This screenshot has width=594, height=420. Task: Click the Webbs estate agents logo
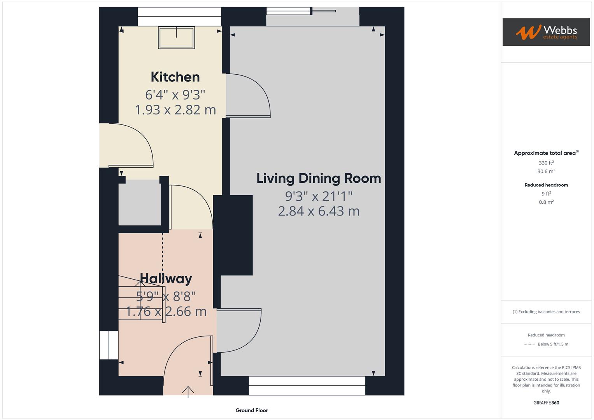click(x=546, y=32)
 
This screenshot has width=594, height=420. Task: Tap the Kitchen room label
click(x=175, y=77)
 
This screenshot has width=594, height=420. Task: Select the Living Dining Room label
click(x=319, y=178)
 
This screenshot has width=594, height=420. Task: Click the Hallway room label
click(x=166, y=278)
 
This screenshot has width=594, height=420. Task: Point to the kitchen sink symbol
click(x=176, y=37)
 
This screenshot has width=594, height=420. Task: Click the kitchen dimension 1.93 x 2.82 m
click(x=175, y=110)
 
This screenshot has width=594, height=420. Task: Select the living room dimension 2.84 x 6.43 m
click(x=319, y=211)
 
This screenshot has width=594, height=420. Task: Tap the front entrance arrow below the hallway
click(x=188, y=391)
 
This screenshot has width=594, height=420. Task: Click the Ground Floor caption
click(x=252, y=410)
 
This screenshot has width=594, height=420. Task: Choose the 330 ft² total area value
click(x=546, y=163)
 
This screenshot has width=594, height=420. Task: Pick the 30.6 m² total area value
click(x=546, y=171)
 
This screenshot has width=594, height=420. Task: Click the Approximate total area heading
click(x=546, y=153)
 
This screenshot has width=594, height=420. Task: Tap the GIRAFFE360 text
click(x=546, y=402)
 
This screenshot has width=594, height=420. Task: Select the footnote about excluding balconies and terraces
click(x=546, y=311)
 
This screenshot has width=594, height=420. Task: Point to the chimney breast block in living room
click(x=233, y=235)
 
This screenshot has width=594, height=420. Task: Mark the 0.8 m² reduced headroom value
click(x=546, y=202)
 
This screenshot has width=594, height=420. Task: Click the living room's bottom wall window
click(x=307, y=385)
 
